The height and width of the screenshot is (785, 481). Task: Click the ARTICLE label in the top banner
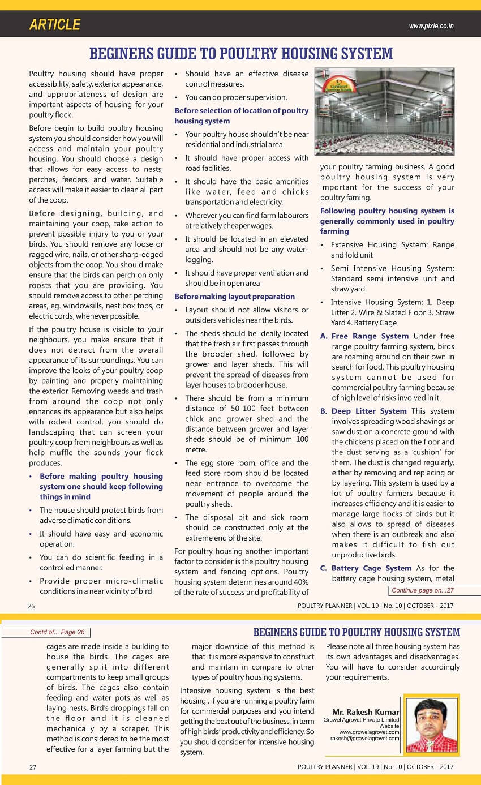click(55, 25)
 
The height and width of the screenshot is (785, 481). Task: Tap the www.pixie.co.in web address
click(431, 26)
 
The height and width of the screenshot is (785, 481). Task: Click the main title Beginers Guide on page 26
click(240, 54)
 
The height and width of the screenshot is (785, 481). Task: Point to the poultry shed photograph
click(385, 111)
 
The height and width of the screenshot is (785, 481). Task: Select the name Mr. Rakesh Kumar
click(366, 712)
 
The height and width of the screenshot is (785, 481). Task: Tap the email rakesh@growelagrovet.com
click(365, 739)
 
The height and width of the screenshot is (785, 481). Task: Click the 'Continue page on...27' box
click(423, 591)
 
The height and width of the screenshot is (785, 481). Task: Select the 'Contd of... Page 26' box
click(57, 632)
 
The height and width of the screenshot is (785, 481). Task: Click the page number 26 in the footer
click(32, 606)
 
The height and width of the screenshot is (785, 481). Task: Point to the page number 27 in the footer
click(33, 767)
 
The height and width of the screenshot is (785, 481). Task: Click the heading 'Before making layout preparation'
click(234, 297)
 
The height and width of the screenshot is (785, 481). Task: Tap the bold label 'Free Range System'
click(370, 336)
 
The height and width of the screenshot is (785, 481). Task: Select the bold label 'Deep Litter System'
click(369, 411)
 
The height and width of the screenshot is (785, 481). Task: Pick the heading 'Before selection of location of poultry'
click(241, 111)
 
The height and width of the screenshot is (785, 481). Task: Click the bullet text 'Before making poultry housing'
click(101, 477)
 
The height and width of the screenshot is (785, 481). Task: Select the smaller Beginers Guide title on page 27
click(357, 632)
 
